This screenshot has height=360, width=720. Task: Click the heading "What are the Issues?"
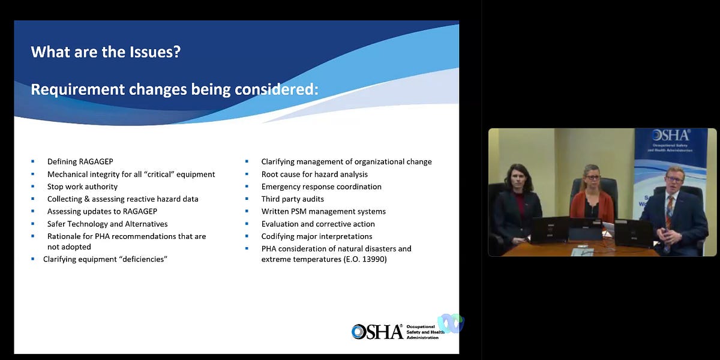point(106,52)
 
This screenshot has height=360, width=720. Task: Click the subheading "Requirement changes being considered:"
point(174,89)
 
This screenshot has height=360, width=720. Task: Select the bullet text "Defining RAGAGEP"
point(80,161)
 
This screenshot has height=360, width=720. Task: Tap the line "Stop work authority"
point(82,187)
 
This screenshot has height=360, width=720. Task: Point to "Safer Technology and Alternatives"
point(107,224)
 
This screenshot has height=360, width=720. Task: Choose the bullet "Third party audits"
point(292,199)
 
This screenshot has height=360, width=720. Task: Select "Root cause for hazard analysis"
point(314,174)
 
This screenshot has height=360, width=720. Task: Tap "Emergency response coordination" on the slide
point(321,187)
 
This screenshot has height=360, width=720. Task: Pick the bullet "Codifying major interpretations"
point(317,236)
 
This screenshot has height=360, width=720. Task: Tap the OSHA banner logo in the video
point(670,136)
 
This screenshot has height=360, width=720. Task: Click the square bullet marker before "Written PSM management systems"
point(247,211)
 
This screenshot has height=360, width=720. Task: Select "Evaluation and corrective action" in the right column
point(318,224)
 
